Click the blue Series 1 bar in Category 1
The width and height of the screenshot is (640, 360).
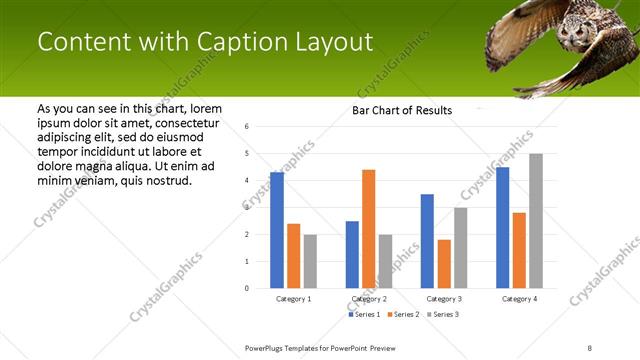[x=277, y=230]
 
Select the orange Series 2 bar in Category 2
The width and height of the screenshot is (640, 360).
[x=369, y=229]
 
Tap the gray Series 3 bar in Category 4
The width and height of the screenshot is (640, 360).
[x=536, y=221]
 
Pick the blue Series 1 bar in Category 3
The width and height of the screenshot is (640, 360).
[x=427, y=241]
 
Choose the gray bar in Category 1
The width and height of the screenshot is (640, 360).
[x=310, y=261]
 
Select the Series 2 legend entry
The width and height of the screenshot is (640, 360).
[x=403, y=315]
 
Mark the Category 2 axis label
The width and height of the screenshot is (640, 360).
[x=369, y=299]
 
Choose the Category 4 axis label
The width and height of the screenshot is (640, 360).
[x=519, y=299]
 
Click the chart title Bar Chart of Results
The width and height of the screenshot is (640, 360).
[x=402, y=110]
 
